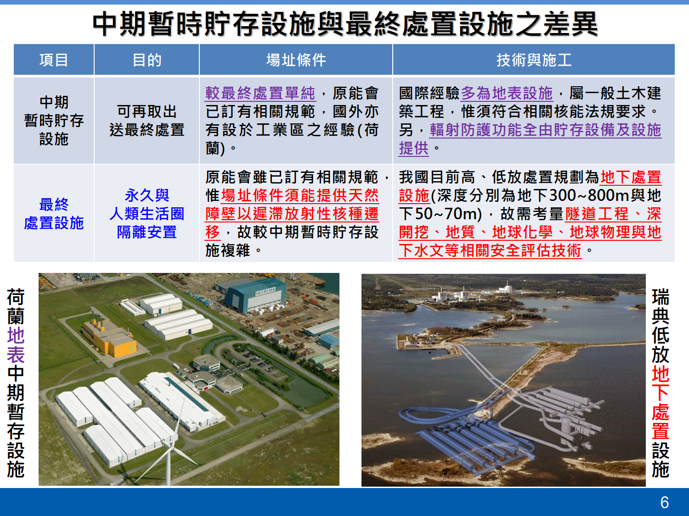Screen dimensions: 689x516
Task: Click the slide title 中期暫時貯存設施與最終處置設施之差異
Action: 345,24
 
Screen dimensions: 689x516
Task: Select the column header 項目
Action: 54,60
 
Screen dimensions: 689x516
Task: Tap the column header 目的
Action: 147,60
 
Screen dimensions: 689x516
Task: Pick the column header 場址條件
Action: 296,60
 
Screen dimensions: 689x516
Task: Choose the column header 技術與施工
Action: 534,60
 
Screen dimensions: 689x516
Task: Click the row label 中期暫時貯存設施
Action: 54,121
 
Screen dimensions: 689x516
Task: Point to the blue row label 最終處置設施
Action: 54,214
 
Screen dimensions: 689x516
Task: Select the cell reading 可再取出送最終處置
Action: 147,121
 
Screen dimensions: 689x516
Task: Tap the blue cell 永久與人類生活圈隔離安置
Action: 147,214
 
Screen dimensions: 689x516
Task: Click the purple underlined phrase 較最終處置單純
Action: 260,94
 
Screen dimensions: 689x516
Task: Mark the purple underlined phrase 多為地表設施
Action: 507,94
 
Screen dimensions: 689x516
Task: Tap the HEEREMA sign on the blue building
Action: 265,292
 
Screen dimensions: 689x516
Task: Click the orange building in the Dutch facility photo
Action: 109,337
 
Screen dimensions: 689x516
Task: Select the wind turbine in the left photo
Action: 169,445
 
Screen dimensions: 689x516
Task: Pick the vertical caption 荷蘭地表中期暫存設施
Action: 16,383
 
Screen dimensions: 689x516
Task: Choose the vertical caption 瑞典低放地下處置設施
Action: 661,383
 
